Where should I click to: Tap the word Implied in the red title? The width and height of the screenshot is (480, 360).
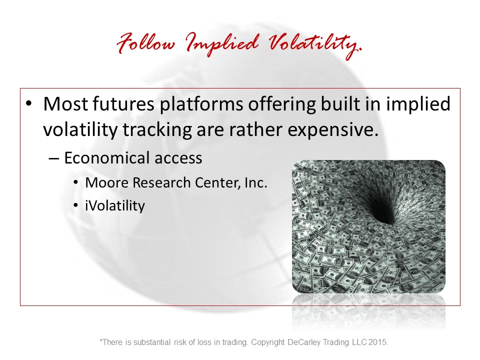(x=222, y=44)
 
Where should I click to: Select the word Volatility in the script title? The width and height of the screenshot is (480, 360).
(x=315, y=45)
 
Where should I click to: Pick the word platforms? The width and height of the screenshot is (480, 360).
(x=201, y=104)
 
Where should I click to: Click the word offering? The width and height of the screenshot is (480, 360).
(x=282, y=104)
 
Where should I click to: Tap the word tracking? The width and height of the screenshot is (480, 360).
(x=157, y=130)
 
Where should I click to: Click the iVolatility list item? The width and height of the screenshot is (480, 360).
(x=115, y=205)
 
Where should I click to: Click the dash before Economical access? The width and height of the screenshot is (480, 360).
(x=53, y=159)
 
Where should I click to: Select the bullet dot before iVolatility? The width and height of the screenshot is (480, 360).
(x=76, y=205)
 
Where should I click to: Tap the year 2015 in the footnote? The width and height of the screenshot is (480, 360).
(x=378, y=342)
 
